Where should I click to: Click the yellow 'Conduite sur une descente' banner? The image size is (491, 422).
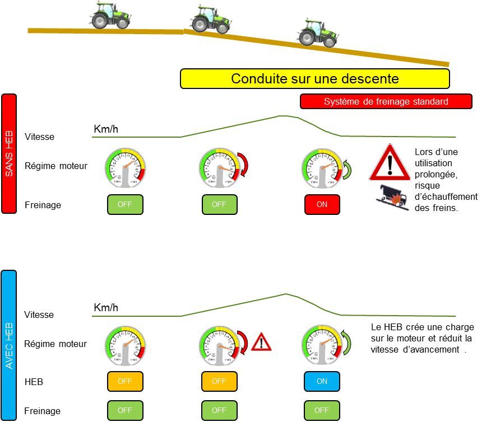coord(314,79)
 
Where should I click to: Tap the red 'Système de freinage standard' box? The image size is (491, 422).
coord(386,101)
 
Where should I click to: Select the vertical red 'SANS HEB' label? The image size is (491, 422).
coord(10,153)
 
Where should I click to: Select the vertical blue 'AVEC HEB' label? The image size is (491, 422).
coord(10,345)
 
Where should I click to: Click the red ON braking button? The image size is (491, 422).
coord(322,205)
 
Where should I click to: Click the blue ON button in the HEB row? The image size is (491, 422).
coord(322,382)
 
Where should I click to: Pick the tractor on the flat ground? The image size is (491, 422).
coord(110,16)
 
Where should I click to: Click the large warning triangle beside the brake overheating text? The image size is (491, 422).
coord(391,162)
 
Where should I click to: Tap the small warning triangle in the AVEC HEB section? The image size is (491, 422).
coord(261,341)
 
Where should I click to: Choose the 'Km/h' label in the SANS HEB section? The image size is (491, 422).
coord(106,130)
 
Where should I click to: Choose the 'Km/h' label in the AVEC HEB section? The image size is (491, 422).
coord(106,308)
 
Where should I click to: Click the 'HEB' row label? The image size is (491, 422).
coord(34,382)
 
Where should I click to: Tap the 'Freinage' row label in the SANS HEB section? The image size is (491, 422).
coord(43,205)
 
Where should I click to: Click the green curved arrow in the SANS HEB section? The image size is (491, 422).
coord(347,169)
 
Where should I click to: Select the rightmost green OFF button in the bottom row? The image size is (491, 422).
coord(322,410)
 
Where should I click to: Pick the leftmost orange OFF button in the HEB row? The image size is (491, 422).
coord(125,382)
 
